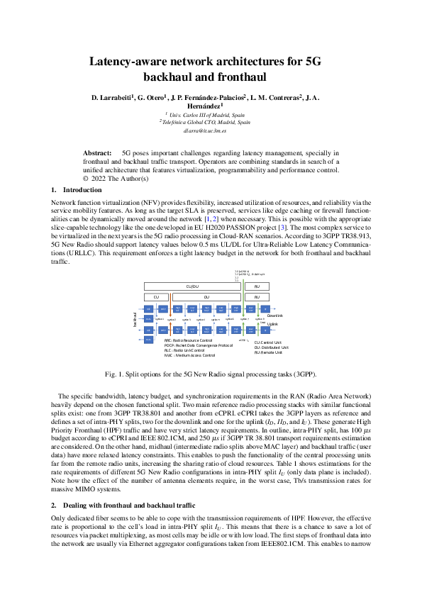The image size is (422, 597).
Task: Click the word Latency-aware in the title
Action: tap(133, 62)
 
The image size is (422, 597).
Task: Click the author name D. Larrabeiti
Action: tap(113, 96)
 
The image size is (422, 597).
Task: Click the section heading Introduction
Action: tap(82, 190)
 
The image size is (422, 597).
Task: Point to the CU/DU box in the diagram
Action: tap(191, 286)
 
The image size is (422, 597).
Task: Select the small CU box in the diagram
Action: tap(156, 296)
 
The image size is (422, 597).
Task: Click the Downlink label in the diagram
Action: tap(274, 316)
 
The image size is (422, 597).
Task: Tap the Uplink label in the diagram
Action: tap(272, 323)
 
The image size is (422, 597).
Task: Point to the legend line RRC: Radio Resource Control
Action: tap(187, 341)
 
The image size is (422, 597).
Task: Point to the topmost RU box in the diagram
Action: tap(262, 286)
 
